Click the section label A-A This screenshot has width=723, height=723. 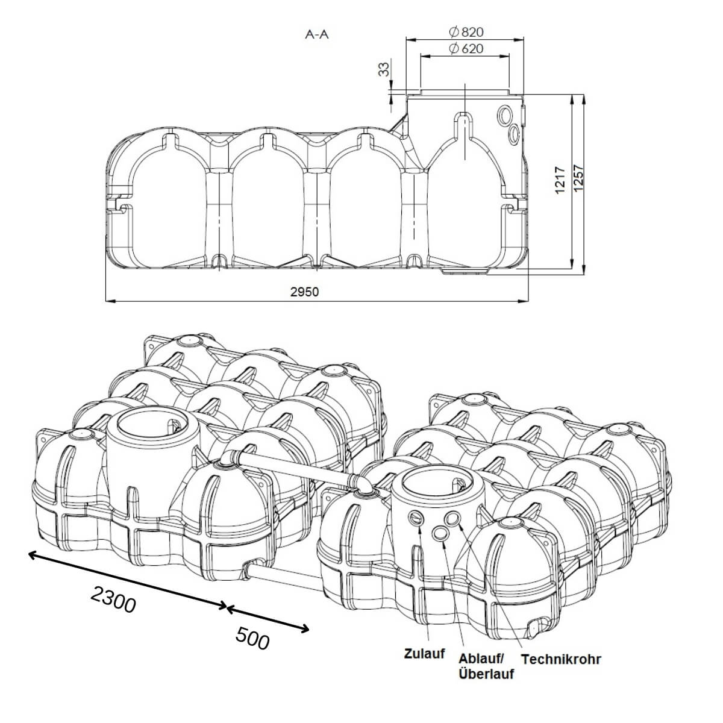click(x=317, y=34)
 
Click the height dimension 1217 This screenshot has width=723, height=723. click(x=560, y=180)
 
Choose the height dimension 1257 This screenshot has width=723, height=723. click(x=579, y=180)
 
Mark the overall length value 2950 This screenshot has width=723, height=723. click(x=304, y=292)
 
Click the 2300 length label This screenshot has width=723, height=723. click(x=113, y=599)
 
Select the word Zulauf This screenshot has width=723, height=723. click(x=425, y=654)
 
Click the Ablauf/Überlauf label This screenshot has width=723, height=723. click(x=486, y=666)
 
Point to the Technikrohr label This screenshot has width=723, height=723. click(x=561, y=659)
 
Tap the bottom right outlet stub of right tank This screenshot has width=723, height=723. click(x=535, y=628)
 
